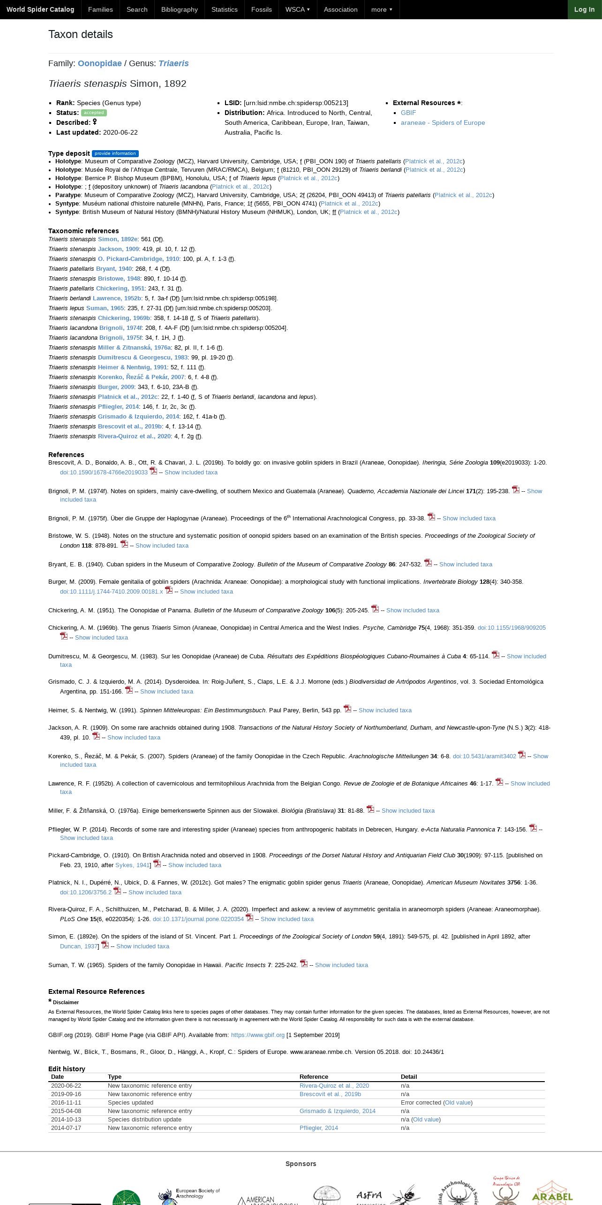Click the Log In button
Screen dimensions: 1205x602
(584, 9)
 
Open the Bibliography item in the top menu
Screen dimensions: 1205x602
(179, 9)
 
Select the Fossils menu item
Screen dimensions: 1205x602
(261, 9)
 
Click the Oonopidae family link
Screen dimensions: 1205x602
(99, 63)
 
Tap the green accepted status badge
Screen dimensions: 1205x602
(94, 113)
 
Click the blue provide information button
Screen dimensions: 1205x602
(115, 153)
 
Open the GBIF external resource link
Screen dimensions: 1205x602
(408, 113)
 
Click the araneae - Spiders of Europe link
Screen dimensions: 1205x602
(443, 122)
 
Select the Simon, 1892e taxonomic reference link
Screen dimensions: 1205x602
(118, 239)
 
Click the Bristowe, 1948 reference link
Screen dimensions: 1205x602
(119, 279)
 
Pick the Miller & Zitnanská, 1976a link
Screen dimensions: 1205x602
(134, 348)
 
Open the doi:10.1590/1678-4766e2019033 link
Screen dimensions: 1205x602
(104, 473)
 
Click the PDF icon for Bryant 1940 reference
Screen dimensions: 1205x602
(428, 563)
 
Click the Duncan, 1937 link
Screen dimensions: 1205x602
(79, 946)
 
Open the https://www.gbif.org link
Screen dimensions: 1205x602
(258, 1035)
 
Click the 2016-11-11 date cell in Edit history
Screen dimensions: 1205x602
(66, 1103)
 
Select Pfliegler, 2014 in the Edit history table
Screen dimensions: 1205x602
(319, 1128)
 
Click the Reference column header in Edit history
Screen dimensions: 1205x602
(314, 1077)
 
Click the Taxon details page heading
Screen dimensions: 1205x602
(81, 34)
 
